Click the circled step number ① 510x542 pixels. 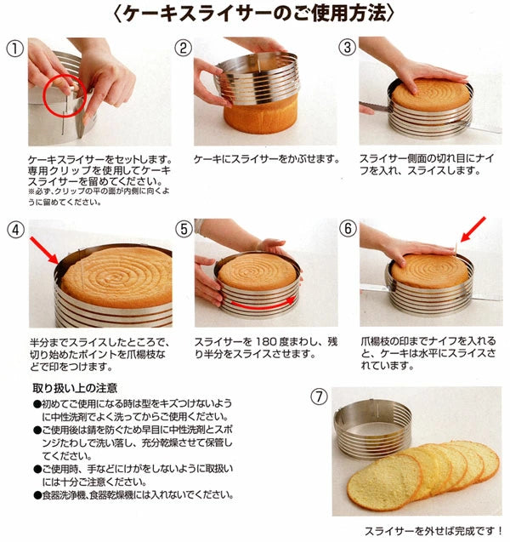point(14,48)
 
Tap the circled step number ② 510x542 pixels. point(183,48)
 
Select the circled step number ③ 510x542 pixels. point(348,47)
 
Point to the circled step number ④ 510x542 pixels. point(16,230)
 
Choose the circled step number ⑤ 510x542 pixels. point(184,229)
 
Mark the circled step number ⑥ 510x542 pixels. point(348,229)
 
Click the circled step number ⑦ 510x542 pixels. point(319,397)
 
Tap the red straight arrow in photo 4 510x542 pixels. point(44,250)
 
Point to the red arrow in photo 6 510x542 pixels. point(473,230)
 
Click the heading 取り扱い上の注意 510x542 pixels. point(75,388)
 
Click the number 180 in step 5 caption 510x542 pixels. point(266,342)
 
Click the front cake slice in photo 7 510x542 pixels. point(384,482)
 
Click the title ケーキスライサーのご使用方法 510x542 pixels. point(254,14)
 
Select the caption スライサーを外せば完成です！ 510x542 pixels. point(433,531)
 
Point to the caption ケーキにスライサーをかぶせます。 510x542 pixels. point(267,159)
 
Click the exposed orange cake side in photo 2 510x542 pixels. point(260,116)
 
